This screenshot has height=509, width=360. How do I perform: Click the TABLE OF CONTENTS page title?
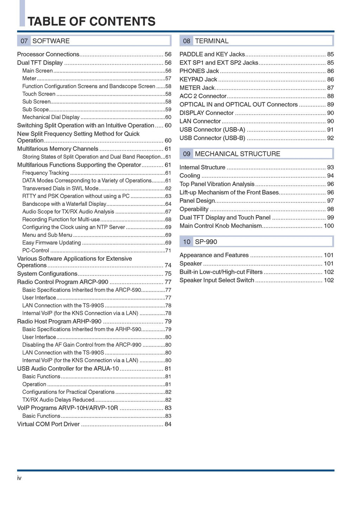click(x=91, y=21)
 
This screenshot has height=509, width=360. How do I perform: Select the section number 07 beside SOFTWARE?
click(x=24, y=41)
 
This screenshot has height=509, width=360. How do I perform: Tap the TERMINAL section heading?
click(x=212, y=41)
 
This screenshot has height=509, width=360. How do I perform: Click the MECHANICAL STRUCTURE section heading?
click(x=237, y=154)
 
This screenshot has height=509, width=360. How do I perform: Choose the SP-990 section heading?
click(x=206, y=242)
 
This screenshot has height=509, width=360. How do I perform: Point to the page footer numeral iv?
click(x=19, y=478)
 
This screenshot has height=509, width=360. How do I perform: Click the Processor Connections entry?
click(x=48, y=54)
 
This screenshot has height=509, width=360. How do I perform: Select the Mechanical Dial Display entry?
click(x=51, y=117)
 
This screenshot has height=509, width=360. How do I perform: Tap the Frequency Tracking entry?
click(x=46, y=173)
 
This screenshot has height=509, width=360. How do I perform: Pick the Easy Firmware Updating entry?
click(x=52, y=243)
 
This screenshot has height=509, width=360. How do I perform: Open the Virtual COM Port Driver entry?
click(x=49, y=424)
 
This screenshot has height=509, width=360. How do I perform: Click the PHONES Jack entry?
click(x=199, y=71)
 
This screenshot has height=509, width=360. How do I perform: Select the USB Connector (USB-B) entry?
click(x=212, y=138)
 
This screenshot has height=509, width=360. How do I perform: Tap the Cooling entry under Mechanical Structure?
click(x=190, y=176)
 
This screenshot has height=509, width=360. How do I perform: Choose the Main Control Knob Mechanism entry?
click(x=221, y=226)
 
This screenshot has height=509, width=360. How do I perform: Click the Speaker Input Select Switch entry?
click(x=217, y=280)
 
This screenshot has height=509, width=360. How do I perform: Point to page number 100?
click(x=329, y=226)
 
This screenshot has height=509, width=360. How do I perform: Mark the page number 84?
click(x=168, y=424)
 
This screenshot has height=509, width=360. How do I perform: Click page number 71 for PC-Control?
click(x=168, y=251)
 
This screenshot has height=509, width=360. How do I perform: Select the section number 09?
click(x=187, y=154)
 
